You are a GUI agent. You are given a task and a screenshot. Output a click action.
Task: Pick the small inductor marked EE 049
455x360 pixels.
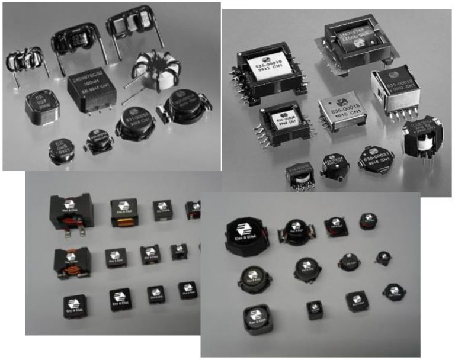click(x=61, y=149)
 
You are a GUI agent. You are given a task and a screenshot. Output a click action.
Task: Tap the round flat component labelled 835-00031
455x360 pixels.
click(x=376, y=157)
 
